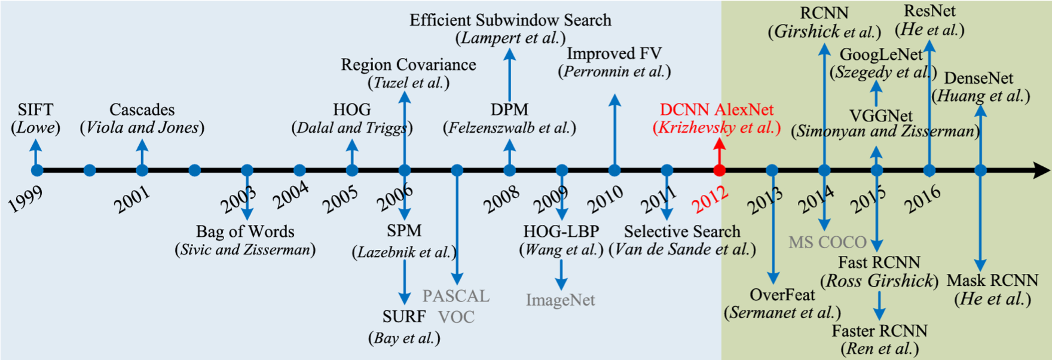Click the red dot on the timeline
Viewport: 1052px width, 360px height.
point(720,170)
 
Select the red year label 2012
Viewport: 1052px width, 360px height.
point(710,200)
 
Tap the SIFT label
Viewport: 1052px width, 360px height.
point(35,109)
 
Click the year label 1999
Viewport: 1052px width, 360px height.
point(26,200)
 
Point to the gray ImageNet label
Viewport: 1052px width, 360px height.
point(560,300)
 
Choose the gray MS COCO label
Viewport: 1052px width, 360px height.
point(827,242)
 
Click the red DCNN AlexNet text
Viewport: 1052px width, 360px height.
point(717,109)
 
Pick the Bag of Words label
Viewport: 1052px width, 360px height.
point(245,231)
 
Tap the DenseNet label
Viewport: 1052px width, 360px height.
point(978,78)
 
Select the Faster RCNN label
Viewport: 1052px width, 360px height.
point(879,331)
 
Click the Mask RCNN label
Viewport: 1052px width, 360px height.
point(992,280)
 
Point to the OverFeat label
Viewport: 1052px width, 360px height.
point(782,295)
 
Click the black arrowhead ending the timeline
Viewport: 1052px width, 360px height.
point(1041,170)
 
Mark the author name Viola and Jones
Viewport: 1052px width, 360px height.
point(142,127)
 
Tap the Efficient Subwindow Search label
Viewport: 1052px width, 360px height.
point(510,20)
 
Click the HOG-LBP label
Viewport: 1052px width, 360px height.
point(561,231)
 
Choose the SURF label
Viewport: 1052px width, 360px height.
point(404,316)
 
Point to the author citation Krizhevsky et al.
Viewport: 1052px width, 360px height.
point(717,127)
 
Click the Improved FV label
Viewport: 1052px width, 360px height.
point(614,54)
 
